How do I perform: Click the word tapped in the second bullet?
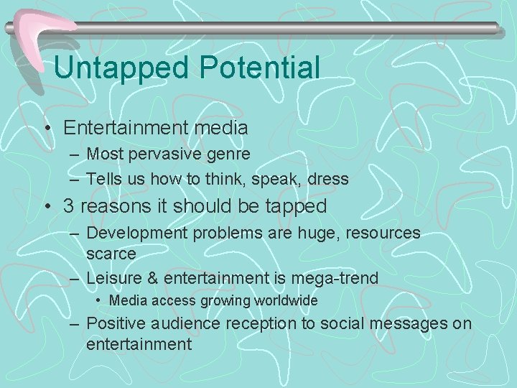[294, 207]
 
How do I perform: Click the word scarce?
[111, 253]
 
